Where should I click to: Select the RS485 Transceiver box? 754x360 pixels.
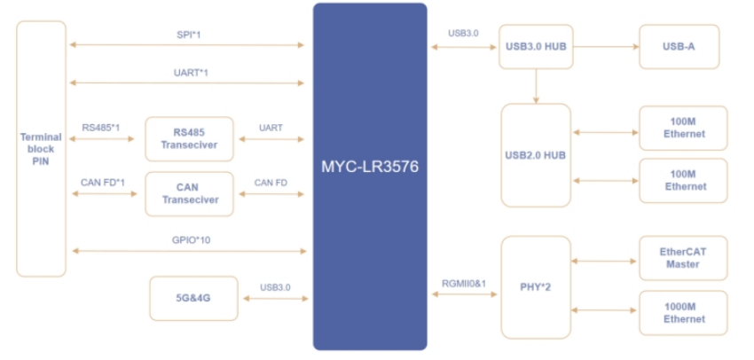189,138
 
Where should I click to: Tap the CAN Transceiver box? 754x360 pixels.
189,193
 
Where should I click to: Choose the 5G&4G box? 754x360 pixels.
193,299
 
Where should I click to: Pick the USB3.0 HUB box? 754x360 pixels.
536,47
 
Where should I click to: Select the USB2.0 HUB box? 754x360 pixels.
536,155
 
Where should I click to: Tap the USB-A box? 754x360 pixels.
679,47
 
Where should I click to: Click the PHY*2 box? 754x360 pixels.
536,286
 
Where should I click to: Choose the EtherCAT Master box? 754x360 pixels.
683,257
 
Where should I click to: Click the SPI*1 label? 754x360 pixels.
189,34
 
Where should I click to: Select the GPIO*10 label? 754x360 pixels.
191,240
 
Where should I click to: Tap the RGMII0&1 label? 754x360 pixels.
464,282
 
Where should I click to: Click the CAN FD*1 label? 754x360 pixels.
103,183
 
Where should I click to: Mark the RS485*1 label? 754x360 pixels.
100,127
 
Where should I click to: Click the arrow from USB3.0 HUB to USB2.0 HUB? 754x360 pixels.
536,85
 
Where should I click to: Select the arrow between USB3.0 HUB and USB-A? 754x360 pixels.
606,47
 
